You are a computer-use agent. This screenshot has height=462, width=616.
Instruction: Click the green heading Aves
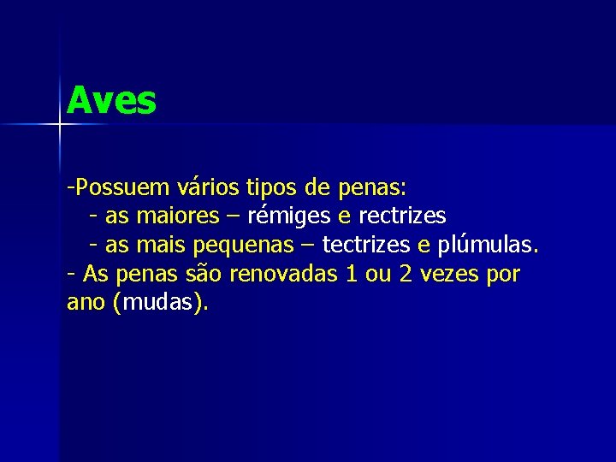pos(111,101)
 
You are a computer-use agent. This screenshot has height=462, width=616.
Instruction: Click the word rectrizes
pos(402,216)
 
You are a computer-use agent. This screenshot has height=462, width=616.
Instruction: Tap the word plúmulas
pos(489,246)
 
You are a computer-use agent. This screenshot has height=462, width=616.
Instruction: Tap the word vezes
pos(450,275)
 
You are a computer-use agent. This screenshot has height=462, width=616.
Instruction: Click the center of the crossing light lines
pos(60,125)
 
